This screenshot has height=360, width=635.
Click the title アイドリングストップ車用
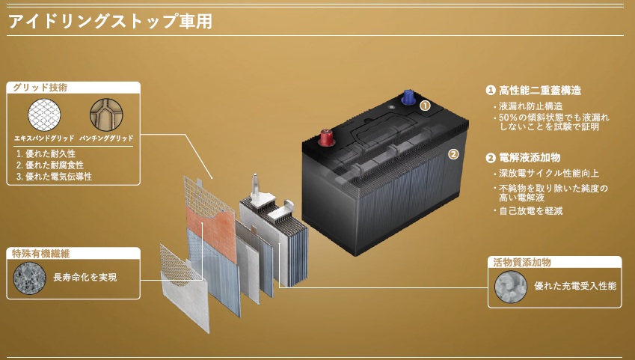(110, 21)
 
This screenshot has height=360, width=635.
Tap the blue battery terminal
(408, 97)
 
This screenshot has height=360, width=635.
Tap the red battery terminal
(326, 138)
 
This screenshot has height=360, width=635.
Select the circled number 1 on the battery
(425, 106)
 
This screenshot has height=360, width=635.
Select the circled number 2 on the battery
(453, 154)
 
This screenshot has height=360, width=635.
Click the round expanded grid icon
(44, 115)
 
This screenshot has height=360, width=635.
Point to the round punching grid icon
(106, 115)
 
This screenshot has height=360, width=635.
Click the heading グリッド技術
(40, 88)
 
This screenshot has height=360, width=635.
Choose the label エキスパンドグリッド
(44, 138)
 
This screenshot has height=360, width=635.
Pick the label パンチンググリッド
(106, 138)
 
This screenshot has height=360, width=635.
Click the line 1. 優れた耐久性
(46, 153)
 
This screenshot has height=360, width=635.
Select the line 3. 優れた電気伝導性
(55, 177)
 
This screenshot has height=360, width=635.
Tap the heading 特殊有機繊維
(40, 254)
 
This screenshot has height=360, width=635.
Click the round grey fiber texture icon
(30, 278)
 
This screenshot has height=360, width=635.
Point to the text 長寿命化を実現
(85, 277)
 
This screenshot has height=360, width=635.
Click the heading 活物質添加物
(521, 262)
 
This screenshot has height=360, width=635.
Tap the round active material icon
(511, 287)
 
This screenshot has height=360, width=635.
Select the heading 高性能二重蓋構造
(540, 90)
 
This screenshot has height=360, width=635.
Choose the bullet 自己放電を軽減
(531, 211)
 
